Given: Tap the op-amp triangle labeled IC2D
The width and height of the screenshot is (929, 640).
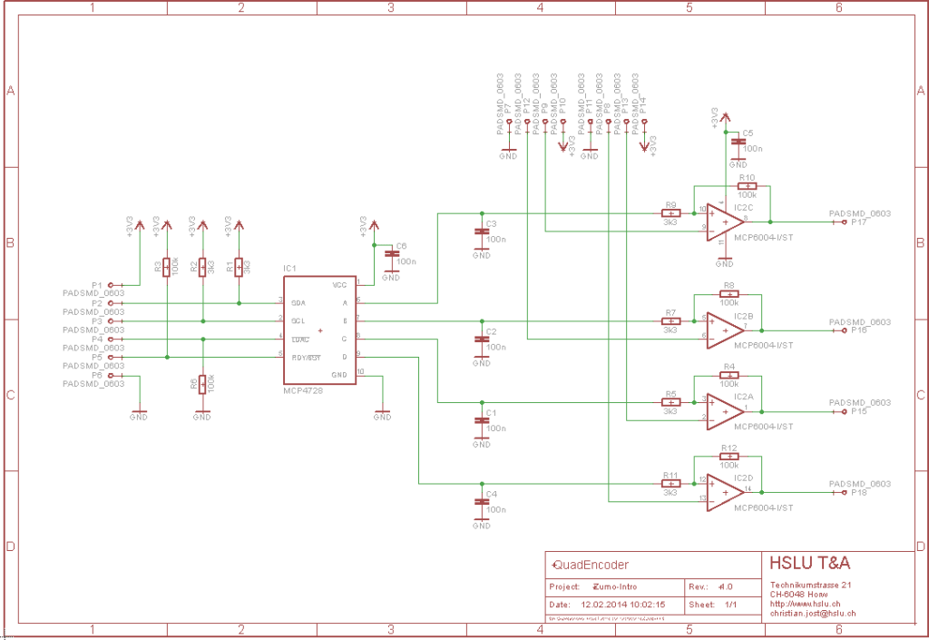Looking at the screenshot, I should pos(724,492).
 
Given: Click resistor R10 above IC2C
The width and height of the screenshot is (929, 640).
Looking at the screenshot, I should pos(747,186).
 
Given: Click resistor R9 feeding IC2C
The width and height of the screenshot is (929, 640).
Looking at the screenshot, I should pos(670,213).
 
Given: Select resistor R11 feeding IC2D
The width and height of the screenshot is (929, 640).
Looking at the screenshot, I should pos(670,484).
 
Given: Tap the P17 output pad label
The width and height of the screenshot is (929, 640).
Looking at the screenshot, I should pos(859,222).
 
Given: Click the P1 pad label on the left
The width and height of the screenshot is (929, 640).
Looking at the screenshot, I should pos(97,284).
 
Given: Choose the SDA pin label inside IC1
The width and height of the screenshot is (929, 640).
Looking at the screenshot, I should pos(298,302).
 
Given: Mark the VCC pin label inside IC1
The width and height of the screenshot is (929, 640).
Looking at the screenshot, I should pos(339,284).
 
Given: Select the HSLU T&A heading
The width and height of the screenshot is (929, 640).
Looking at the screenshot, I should pos(810,564).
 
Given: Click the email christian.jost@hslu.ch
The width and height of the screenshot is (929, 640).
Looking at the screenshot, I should pos(813,614).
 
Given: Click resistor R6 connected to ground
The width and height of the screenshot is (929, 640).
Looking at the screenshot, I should pos(202,383).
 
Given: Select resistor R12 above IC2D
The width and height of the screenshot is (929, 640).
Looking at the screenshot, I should pos(729,457).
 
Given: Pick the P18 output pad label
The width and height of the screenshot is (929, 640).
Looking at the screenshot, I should pos(859,493).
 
